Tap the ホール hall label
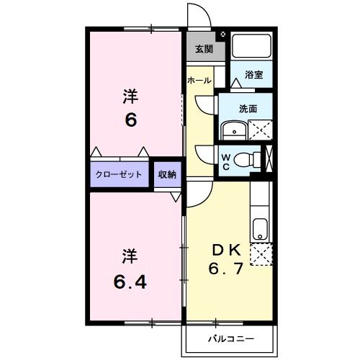tap(199, 81)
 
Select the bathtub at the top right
tap(251, 47)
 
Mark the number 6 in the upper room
tap(131, 120)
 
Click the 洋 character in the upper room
tap(130, 96)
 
